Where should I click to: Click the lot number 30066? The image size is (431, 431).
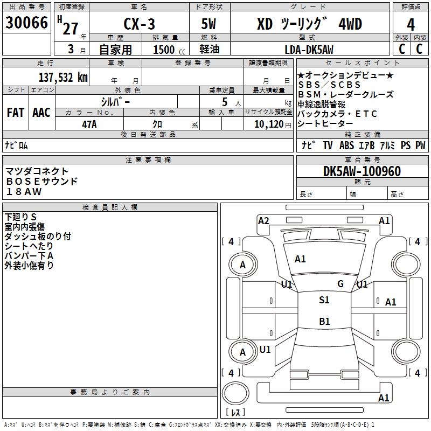(x=26, y=23)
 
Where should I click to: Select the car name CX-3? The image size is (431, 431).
(x=139, y=24)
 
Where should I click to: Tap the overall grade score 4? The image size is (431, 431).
(x=411, y=25)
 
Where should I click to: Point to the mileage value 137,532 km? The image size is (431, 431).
(x=63, y=78)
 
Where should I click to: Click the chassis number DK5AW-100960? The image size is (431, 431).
(x=362, y=171)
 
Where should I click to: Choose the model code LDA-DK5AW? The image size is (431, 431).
(x=309, y=50)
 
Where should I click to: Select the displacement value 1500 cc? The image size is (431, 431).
(x=169, y=50)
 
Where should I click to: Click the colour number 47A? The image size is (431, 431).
(x=89, y=124)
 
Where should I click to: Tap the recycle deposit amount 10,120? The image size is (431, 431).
(x=269, y=124)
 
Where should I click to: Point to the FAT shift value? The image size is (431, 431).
(x=16, y=113)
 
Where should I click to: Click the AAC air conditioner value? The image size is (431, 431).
(x=41, y=113)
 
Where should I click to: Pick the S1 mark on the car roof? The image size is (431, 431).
(x=324, y=300)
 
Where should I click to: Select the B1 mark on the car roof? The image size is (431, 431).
(x=324, y=321)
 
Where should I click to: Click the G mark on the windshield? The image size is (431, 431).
(x=340, y=284)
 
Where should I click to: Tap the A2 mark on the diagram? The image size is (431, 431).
(x=263, y=221)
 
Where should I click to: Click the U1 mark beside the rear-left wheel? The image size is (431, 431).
(x=265, y=349)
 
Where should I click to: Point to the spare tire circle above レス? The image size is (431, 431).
(x=235, y=393)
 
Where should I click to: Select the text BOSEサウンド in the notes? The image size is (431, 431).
(x=42, y=182)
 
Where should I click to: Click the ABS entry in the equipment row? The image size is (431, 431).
(x=346, y=145)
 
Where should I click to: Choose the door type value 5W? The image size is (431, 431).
(x=208, y=24)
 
